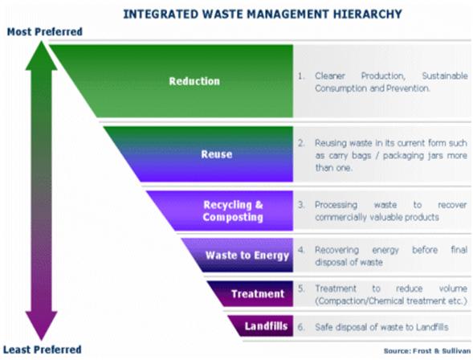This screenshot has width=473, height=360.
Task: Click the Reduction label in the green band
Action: [194, 81]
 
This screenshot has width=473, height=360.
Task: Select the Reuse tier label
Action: [217, 154]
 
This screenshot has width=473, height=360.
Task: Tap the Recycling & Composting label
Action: [233, 211]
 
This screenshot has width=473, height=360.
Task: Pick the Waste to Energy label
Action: [247, 256]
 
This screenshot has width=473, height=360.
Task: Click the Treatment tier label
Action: [258, 293]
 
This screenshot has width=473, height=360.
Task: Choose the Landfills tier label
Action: [266, 326]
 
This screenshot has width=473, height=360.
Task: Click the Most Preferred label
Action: [45, 31]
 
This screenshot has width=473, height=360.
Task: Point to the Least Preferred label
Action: [43, 350]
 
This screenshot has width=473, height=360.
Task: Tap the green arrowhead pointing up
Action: [41, 55]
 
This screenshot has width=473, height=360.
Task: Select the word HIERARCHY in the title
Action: [368, 14]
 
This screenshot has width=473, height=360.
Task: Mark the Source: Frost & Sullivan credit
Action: [427, 351]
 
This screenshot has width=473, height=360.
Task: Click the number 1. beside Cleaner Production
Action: [301, 76]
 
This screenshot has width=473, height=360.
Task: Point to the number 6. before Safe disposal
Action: [301, 327]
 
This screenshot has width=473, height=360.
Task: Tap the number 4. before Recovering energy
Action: [301, 250]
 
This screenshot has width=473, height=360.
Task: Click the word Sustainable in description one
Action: [445, 76]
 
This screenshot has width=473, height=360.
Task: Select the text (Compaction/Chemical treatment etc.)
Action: [391, 301]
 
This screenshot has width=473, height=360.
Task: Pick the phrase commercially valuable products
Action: [377, 217]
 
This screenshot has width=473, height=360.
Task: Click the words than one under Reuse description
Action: [333, 168]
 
